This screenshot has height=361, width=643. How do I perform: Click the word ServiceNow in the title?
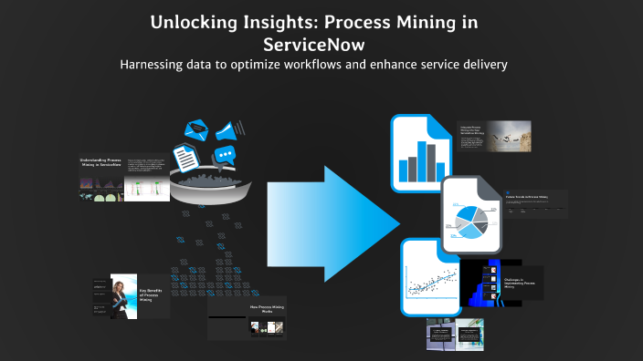click(x=321, y=43)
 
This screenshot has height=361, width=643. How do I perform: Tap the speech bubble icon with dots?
click(x=225, y=156)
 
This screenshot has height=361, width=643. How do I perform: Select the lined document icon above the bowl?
click(x=186, y=157)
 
